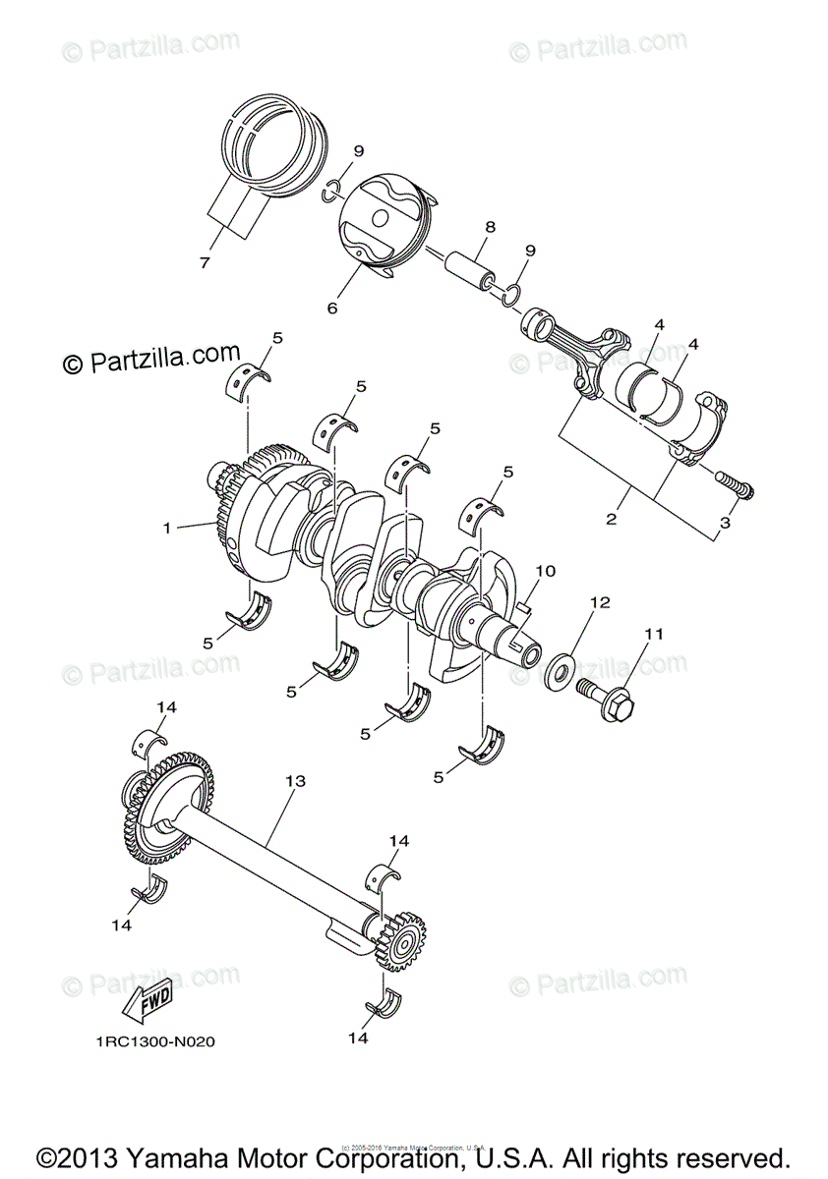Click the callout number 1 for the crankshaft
168,528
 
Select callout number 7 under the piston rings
205,262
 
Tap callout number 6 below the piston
331,308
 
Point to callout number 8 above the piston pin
490,228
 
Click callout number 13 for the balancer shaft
295,781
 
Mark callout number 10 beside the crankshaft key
546,570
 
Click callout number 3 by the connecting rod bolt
725,525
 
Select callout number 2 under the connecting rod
611,518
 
